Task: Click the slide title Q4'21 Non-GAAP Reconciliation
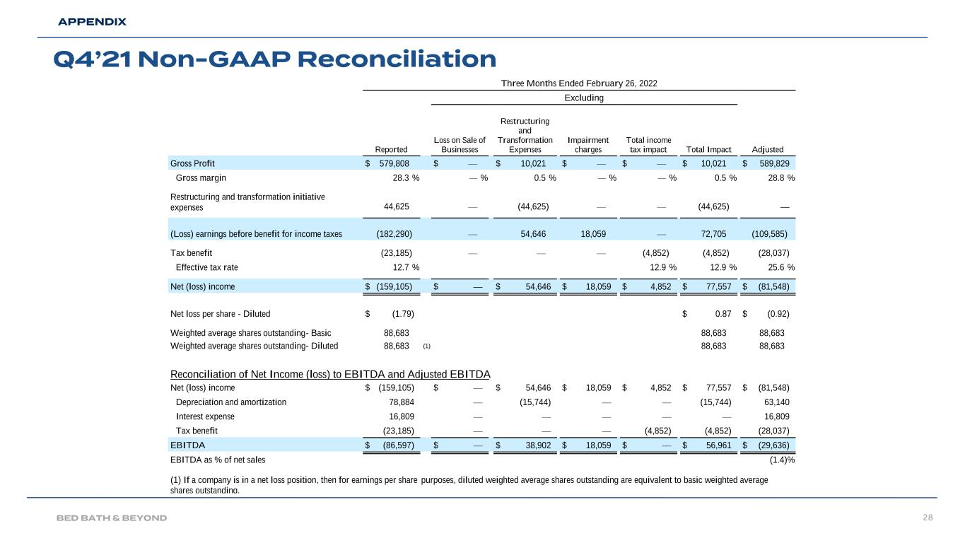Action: click(274, 59)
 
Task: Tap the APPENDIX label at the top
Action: click(92, 22)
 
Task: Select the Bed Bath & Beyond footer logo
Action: click(112, 518)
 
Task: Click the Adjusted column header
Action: click(767, 150)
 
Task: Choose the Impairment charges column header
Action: click(588, 145)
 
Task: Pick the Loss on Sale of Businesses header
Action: click(460, 145)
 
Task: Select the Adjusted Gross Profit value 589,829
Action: click(773, 163)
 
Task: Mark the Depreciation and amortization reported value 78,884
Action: click(400, 402)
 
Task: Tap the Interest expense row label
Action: click(205, 416)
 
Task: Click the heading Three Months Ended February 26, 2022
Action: click(579, 83)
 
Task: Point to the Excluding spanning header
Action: click(583, 98)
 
